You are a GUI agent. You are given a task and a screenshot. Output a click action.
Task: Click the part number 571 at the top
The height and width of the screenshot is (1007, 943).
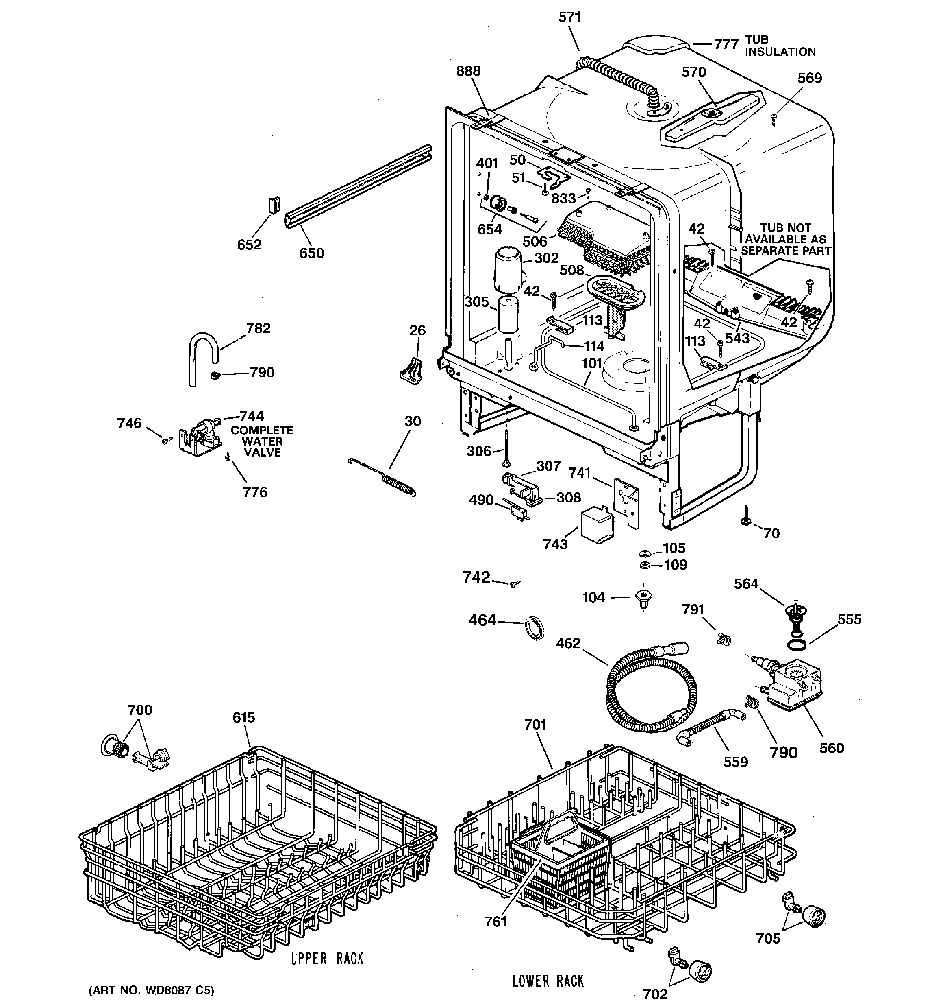click(x=569, y=17)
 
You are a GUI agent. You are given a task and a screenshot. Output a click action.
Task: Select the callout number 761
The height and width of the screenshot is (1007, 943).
click(x=495, y=922)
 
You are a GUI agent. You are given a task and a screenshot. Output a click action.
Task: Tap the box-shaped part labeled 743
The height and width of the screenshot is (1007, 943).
click(x=597, y=526)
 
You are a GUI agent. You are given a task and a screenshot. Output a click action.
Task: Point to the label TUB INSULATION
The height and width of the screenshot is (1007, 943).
click(x=780, y=46)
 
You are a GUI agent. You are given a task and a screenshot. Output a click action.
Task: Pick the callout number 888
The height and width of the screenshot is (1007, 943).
click(x=468, y=71)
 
